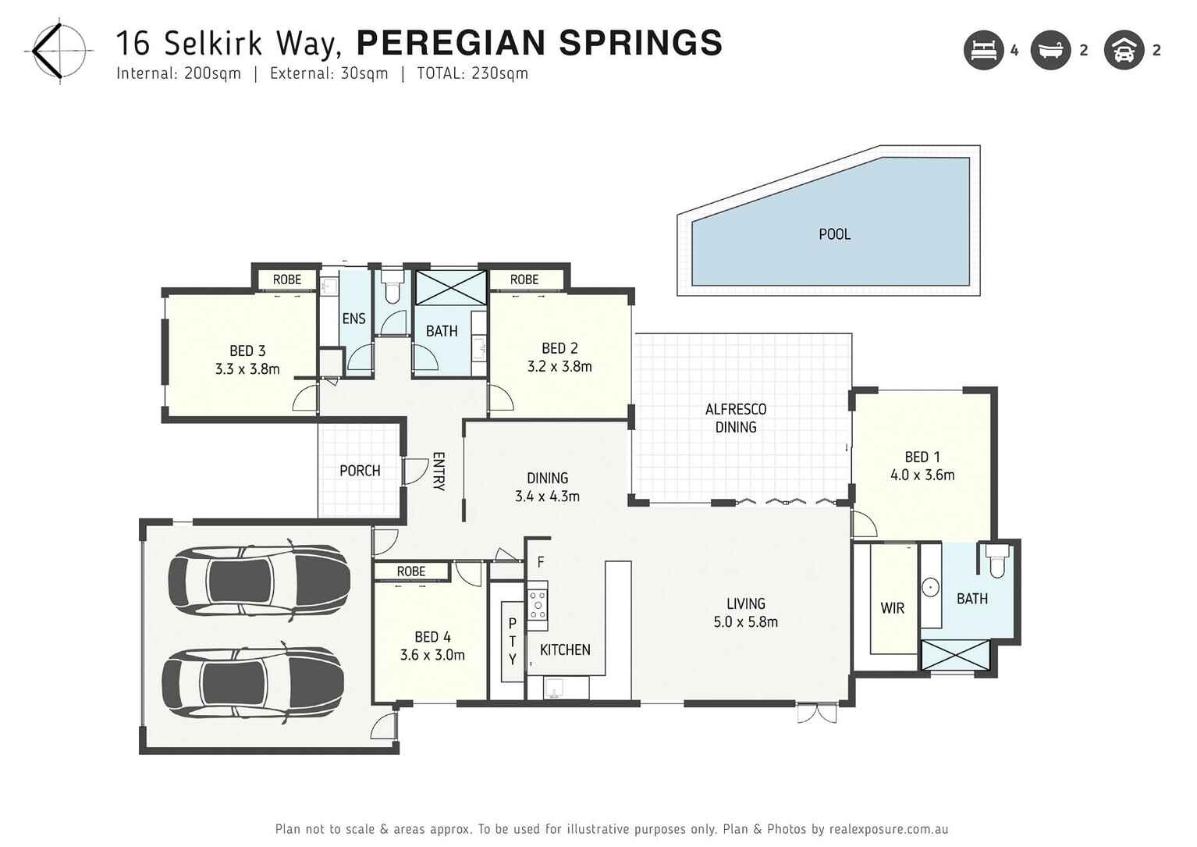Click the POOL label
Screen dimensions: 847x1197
834,234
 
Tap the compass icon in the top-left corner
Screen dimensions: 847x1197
59,52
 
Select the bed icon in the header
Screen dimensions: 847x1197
983,51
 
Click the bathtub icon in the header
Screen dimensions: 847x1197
1050,51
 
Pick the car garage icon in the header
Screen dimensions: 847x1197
1124,51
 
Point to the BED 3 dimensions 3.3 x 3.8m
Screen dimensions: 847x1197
247,369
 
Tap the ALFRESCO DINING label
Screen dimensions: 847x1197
735,418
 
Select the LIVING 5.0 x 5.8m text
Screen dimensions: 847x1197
745,613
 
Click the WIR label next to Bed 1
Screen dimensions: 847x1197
892,608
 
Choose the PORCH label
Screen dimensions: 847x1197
360,471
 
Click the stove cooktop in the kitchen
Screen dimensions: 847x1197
538,603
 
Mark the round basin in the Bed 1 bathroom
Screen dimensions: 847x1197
930,587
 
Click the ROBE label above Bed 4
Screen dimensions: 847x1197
410,571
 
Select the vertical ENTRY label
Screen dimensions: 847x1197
439,471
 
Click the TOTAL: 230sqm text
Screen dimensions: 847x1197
472,73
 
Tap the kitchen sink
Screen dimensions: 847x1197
555,688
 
